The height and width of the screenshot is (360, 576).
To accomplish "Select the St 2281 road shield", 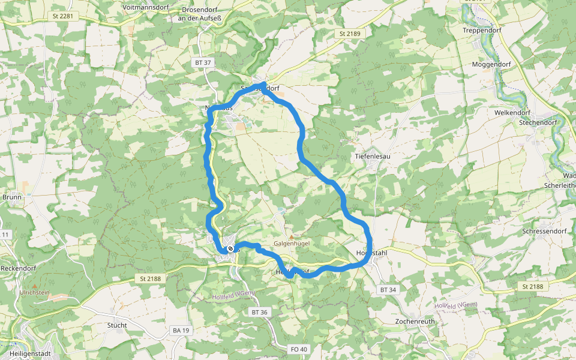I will [62, 16].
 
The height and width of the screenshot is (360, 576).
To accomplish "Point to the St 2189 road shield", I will [350, 34].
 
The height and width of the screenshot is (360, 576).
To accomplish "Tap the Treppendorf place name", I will [482, 30].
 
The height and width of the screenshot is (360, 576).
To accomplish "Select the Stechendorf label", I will [538, 122].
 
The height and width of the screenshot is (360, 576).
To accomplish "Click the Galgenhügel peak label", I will [291, 244].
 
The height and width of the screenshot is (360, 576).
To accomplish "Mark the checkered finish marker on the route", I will [230, 249].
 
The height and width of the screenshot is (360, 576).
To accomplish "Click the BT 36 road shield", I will [259, 312].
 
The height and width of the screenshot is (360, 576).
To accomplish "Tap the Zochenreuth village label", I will [415, 321].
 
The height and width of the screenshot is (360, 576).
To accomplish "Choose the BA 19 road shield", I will [181, 330].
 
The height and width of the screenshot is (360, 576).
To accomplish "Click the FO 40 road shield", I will [298, 349].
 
